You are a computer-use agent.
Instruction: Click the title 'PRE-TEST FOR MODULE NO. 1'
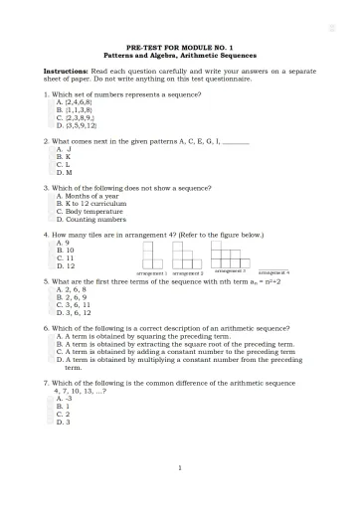(x=180, y=47)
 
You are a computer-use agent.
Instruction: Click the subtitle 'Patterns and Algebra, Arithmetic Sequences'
(x=180, y=55)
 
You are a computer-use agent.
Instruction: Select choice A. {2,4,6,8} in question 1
(x=75, y=101)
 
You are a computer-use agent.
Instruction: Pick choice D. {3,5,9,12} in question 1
(x=77, y=126)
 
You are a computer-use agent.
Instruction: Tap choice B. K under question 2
(x=64, y=156)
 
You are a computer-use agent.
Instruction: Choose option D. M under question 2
(x=65, y=172)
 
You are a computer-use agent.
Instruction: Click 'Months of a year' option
(x=87, y=195)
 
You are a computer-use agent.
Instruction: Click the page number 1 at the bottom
(x=180, y=467)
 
